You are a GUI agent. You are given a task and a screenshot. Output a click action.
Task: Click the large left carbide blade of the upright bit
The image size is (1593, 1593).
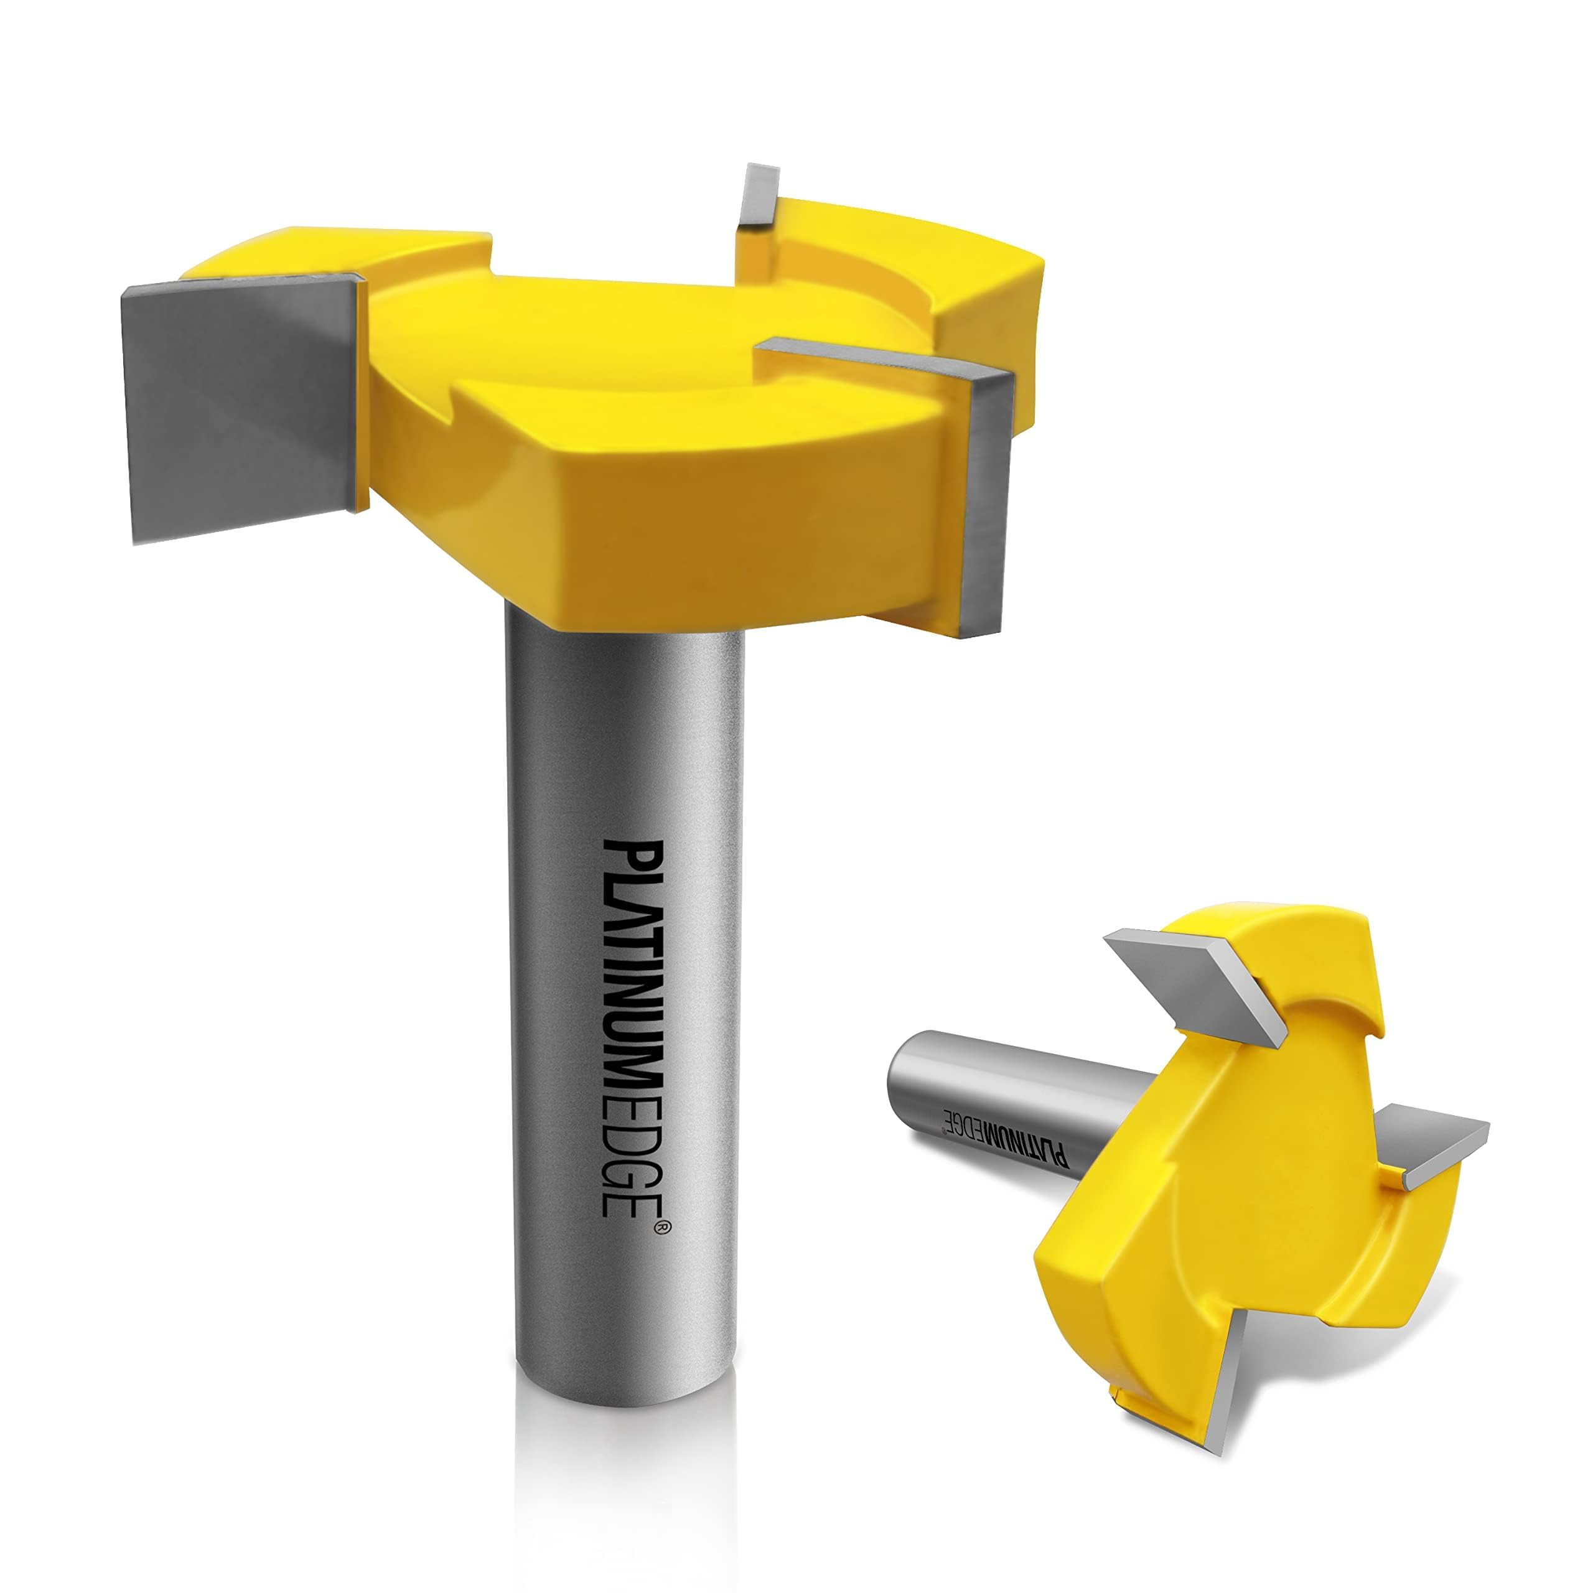[x=239, y=408]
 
